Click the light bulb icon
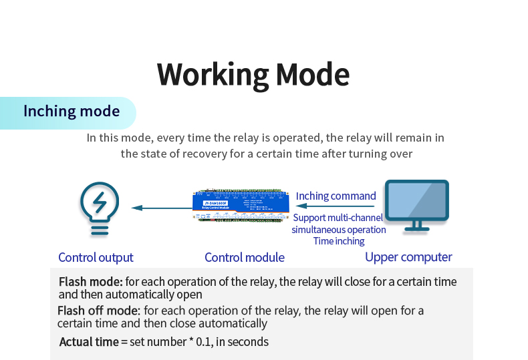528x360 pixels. [x=99, y=208]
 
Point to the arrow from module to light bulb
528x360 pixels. [x=161, y=208]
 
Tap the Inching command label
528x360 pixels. [x=336, y=196]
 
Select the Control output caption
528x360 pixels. [x=96, y=257]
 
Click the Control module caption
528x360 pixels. [x=244, y=257]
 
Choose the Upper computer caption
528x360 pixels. [x=408, y=257]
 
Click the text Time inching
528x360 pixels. [x=339, y=241]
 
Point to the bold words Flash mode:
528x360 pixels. [x=90, y=282]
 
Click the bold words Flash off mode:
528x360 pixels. [x=98, y=311]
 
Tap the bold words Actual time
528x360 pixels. [x=89, y=342]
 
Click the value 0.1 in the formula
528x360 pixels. [x=203, y=342]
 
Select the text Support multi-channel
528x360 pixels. [x=338, y=218]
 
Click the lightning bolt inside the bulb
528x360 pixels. [x=100, y=201]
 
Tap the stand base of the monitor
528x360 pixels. [x=416, y=227]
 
